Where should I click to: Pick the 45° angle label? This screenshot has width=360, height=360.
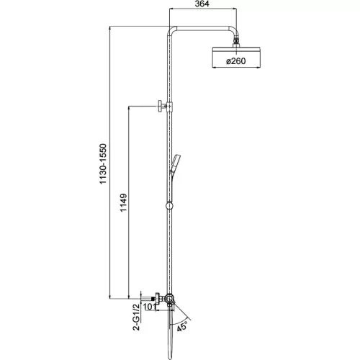184,324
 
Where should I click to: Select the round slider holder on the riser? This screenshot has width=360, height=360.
169,207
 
